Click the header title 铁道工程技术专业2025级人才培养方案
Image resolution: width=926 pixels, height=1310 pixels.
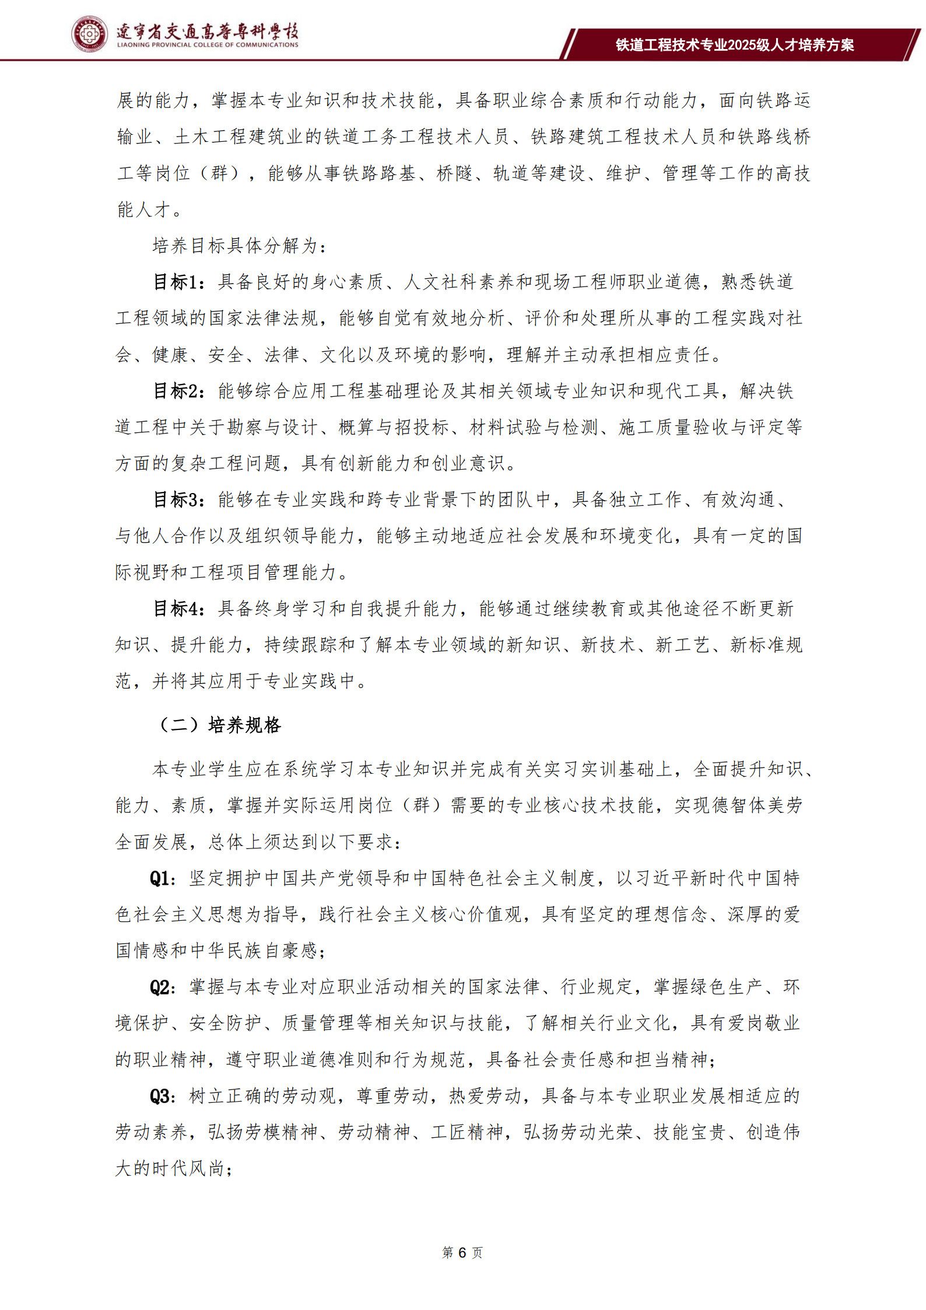click(735, 45)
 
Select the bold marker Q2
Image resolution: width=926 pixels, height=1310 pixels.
click(160, 987)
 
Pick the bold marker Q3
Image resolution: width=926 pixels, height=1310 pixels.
click(160, 1096)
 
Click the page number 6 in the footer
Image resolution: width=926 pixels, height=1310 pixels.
click(462, 1253)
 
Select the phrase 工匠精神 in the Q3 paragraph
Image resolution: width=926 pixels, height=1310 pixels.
click(466, 1133)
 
